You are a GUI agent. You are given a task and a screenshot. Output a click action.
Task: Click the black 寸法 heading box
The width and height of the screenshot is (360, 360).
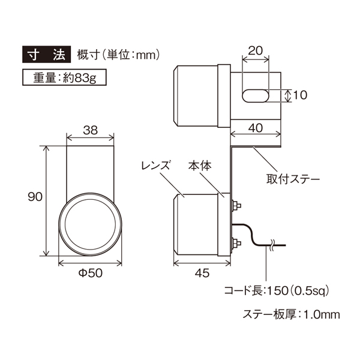tap(45, 55)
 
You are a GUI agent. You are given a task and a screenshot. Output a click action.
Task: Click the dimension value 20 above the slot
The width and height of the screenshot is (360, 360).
tap(256, 52)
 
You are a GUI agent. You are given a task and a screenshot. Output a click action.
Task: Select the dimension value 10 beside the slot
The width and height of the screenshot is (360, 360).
tap(301, 95)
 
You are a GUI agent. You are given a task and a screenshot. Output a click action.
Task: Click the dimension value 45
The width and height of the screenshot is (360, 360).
tap(201, 274)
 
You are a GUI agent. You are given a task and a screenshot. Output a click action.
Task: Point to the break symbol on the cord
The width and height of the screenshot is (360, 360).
tap(272, 244)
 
